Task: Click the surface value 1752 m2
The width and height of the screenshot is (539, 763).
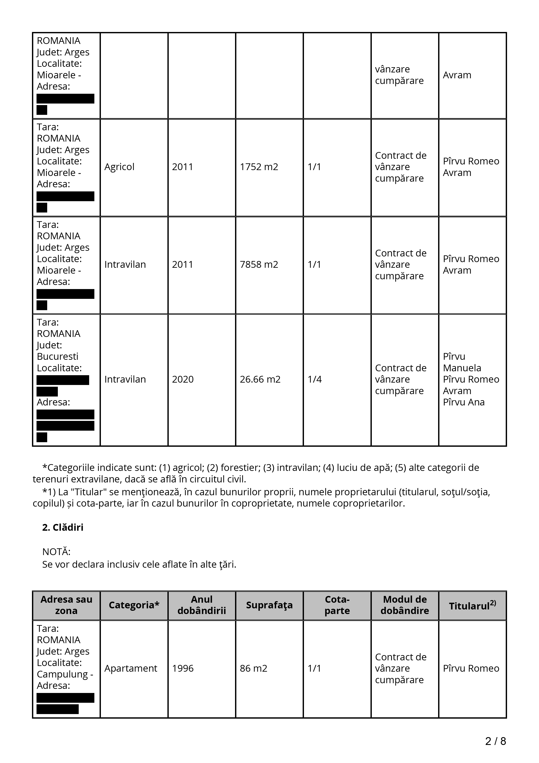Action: (x=259, y=167)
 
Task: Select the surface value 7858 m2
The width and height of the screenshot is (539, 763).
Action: (x=259, y=264)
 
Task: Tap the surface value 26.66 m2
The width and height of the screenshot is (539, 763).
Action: (x=260, y=379)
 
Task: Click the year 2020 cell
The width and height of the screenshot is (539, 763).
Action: (x=183, y=379)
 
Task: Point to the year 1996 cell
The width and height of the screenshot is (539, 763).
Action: (x=183, y=668)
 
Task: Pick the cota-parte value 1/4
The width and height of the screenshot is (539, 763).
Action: (x=314, y=379)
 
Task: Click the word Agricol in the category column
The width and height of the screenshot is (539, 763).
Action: (x=119, y=167)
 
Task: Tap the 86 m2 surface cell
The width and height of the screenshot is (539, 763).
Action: (x=253, y=668)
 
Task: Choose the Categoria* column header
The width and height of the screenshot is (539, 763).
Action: (x=134, y=605)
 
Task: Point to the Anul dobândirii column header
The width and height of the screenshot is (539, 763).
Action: (x=202, y=605)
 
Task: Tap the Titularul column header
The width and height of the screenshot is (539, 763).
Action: (x=472, y=606)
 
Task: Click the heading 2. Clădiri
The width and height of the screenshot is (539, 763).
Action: (x=63, y=527)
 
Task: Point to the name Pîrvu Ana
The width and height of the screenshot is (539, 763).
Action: (x=464, y=402)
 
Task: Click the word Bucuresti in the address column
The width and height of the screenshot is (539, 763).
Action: (x=57, y=356)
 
